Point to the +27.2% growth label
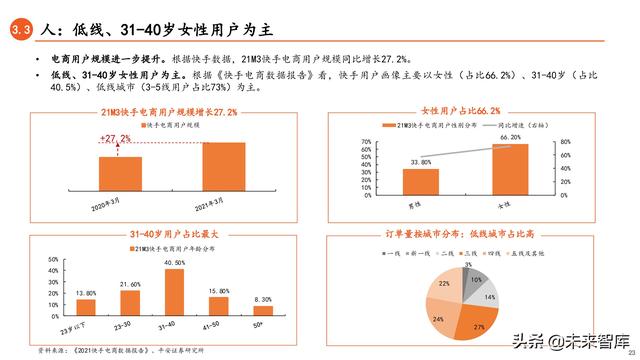coord(117,139)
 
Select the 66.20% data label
coord(511,137)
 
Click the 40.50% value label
coord(174,263)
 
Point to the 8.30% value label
coord(262,299)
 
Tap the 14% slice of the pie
coord(488,297)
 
